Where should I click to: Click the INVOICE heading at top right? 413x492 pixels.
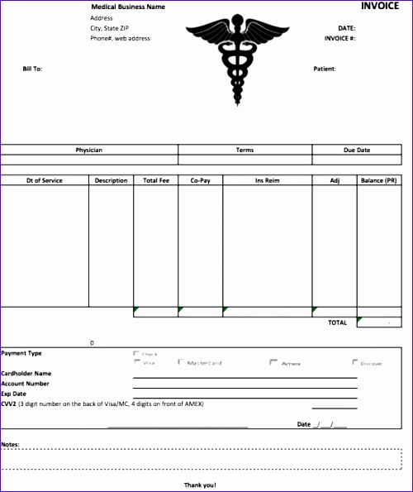click(x=380, y=6)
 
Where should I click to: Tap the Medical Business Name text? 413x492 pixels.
click(x=127, y=7)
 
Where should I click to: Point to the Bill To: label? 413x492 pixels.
click(x=32, y=69)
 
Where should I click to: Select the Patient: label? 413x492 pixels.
click(x=325, y=69)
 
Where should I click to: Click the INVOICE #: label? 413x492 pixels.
click(x=340, y=38)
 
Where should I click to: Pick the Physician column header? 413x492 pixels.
click(x=89, y=150)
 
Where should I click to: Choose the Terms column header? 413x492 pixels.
click(x=245, y=150)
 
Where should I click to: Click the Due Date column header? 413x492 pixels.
click(x=357, y=150)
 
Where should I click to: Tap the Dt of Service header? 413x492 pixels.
click(x=45, y=180)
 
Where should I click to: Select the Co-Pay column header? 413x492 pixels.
click(x=200, y=180)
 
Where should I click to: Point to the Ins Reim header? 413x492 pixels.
click(x=267, y=180)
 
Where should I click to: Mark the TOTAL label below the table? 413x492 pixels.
click(x=337, y=322)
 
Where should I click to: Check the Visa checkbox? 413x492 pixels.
click(x=136, y=362)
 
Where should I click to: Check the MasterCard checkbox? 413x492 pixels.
click(x=181, y=362)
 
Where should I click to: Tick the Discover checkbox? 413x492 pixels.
click(x=355, y=362)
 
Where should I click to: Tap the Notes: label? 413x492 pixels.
click(x=10, y=444)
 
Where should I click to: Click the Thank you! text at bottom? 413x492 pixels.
click(x=199, y=485)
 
